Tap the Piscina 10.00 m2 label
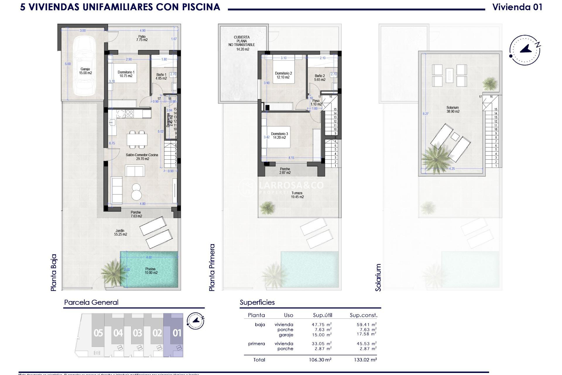coord(150,271)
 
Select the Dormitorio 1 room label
coord(126,74)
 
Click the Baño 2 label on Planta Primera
coord(320,78)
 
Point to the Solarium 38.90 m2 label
coord(453,110)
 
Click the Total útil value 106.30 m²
coord(321,360)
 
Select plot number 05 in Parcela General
coord(98,333)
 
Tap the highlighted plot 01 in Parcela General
coord(177,333)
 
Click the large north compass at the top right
coord(525,50)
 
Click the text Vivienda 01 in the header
coord(517,7)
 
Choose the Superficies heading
coord(257,302)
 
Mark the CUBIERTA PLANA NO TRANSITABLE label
coord(242,43)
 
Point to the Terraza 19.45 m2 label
coord(297,195)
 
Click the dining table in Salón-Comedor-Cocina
coord(137,139)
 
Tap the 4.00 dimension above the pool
coord(149,257)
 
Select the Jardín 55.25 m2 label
coord(120,232)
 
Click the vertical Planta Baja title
coord(54,272)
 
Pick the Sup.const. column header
coord(364,315)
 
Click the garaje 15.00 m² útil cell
coord(321,335)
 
